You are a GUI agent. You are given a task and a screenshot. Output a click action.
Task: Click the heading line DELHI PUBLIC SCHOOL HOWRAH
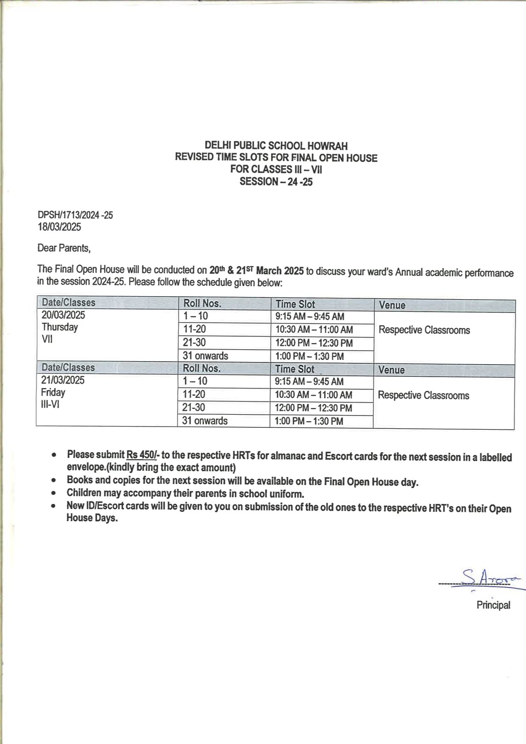[x=276, y=145]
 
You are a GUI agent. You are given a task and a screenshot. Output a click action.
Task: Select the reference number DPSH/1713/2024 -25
[x=75, y=215]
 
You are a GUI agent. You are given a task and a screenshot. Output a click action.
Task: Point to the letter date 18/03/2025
[x=59, y=227]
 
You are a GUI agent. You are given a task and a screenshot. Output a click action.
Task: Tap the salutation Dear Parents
[x=64, y=248]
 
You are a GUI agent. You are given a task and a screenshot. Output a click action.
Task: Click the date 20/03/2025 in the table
[x=63, y=315]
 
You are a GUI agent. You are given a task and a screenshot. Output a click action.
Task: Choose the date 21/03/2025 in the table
[x=63, y=380]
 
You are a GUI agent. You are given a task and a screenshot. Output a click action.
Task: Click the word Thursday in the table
[x=60, y=327]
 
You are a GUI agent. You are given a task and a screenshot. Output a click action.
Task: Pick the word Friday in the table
[x=53, y=393]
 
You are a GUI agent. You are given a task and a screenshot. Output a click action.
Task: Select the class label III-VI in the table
[x=50, y=404]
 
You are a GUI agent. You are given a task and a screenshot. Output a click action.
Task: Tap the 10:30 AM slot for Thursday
[x=314, y=330]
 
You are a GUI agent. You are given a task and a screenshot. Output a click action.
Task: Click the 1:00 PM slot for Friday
[x=309, y=421]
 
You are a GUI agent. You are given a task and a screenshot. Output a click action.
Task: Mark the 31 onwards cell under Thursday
[x=205, y=356]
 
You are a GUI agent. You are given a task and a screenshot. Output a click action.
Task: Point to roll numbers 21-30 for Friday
[x=194, y=408]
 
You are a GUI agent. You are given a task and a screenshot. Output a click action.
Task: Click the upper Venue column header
[x=392, y=305]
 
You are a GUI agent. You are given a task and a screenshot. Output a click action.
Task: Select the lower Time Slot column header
[x=294, y=369]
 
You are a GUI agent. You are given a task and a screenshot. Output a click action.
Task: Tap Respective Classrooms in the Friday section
[x=423, y=395]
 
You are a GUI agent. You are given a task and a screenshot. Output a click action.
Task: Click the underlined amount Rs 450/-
[x=142, y=454]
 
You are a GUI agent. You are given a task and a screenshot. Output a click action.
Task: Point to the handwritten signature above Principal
[x=485, y=578]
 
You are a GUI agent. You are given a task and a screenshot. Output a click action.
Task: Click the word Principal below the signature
[x=493, y=605]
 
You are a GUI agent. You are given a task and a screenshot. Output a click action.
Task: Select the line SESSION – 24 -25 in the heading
[x=276, y=182]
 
